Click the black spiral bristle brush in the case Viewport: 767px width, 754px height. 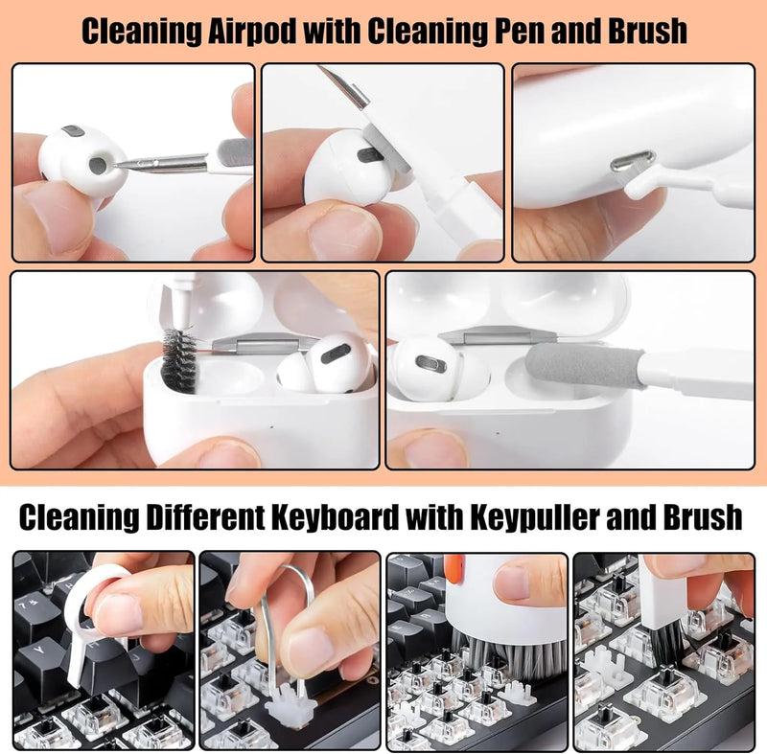tap(177, 360)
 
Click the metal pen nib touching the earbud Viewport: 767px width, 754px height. tap(153, 163)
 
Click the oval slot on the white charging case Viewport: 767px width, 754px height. tap(633, 160)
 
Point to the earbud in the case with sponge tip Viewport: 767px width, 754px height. tap(429, 367)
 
